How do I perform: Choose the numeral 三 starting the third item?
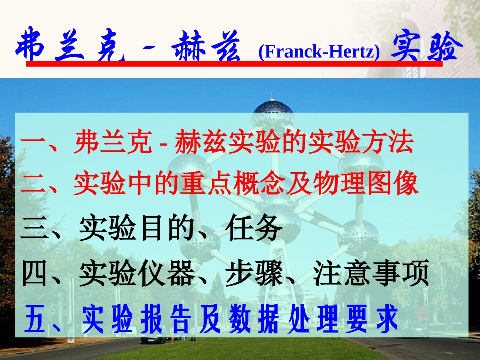pos(34,230)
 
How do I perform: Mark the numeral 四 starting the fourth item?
pos(34,275)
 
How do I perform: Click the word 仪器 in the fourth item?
pos(166,274)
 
